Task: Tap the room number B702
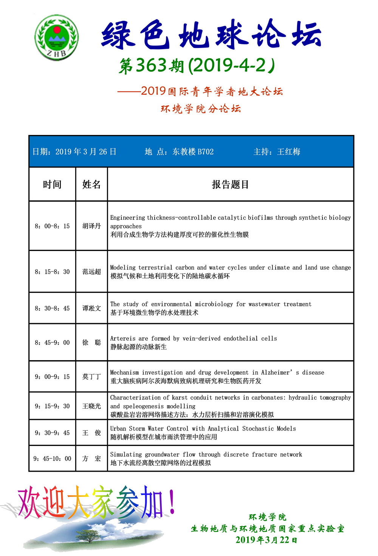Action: pos(206,152)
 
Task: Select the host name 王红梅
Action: pos(289,152)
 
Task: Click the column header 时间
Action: pos(52,184)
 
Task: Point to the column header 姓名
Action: pos(91,184)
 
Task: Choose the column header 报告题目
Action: pos(230,184)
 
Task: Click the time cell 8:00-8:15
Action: pos(52,226)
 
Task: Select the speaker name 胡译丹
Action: pos(91,226)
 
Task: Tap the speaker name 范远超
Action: pos(91,271)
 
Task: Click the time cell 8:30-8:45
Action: pos(52,308)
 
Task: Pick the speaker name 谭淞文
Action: pos(91,308)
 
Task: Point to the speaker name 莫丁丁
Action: pos(91,376)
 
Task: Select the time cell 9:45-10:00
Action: pos(52,458)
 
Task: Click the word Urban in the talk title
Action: pos(118,429)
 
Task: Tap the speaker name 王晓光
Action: pos(91,406)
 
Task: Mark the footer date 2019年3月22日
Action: pos(266,540)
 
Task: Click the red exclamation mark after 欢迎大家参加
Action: pos(172,501)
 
